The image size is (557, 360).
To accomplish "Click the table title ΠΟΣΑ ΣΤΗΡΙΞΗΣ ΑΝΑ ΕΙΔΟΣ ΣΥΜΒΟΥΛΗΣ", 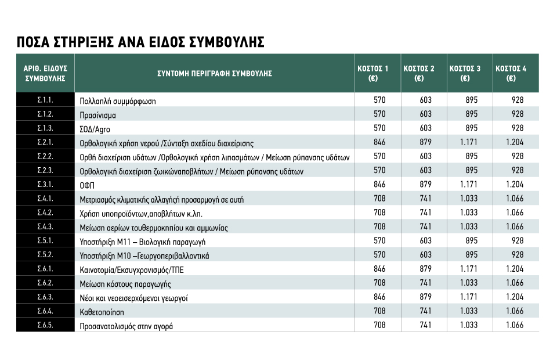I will (x=140, y=42).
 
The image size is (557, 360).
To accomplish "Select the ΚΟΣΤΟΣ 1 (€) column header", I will (x=377, y=73).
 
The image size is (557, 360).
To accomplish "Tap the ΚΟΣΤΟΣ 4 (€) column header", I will (x=515, y=73).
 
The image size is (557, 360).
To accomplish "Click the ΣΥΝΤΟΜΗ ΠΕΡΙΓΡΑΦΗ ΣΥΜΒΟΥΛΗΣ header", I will (x=215, y=74).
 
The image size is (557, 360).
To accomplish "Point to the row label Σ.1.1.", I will (x=45, y=100).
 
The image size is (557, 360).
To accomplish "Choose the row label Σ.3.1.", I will (x=45, y=185).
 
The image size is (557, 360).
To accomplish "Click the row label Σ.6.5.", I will (x=45, y=326).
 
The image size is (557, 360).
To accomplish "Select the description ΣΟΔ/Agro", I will (x=95, y=129).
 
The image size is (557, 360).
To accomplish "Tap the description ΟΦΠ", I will (x=88, y=185).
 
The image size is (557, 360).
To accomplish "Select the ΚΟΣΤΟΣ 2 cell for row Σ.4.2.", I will (x=425, y=213).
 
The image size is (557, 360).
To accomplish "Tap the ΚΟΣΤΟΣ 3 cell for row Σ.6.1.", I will (x=471, y=269).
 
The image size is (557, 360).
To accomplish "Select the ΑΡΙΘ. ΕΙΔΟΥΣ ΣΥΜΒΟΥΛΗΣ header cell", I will (x=45, y=73).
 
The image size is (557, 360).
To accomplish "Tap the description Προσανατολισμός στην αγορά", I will (x=126, y=326).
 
